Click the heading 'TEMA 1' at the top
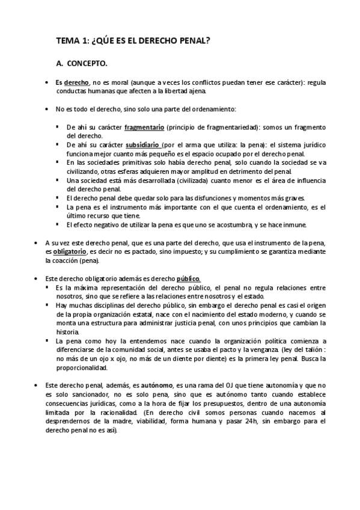72,40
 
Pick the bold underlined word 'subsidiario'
142,145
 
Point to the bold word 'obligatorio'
69,252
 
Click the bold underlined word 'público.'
188,279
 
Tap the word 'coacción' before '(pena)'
70,261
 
